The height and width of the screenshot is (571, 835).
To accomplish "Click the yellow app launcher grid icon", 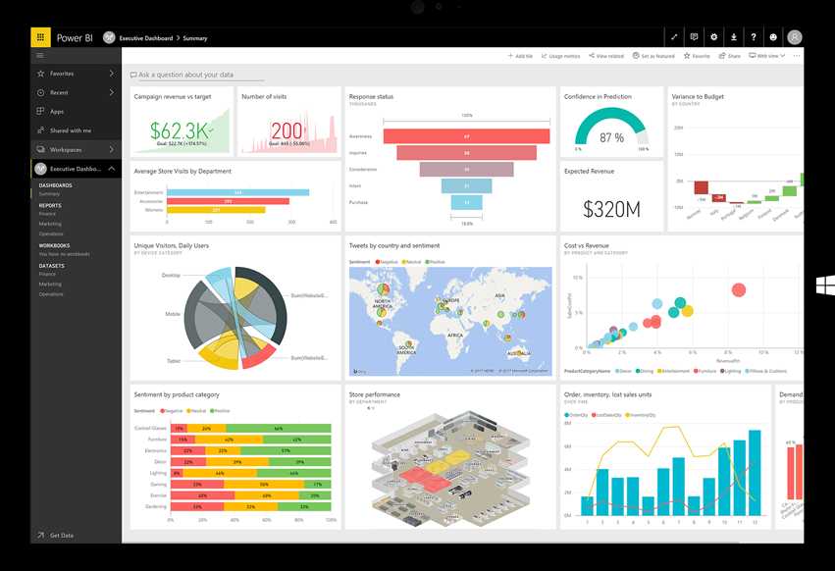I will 40,37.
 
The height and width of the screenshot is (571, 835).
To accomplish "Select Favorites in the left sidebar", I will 62,74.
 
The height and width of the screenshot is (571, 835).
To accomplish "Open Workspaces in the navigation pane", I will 66,150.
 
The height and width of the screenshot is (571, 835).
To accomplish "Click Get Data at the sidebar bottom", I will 61,536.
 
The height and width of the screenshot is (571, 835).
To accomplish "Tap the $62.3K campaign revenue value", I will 181,131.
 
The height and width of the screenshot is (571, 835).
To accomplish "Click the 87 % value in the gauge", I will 611,138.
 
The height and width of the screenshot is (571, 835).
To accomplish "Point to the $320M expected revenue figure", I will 611,209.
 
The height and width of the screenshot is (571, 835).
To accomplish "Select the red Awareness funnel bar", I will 466,136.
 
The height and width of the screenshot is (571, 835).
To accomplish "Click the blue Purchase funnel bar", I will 466,202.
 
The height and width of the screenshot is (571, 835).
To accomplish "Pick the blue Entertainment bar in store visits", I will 237,192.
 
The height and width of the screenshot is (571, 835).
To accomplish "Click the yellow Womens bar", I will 216,210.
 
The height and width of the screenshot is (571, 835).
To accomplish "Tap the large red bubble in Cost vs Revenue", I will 739,289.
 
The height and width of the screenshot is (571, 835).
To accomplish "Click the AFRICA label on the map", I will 455,336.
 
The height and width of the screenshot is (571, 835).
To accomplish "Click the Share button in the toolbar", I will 729,56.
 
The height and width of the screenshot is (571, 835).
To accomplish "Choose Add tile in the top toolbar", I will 521,56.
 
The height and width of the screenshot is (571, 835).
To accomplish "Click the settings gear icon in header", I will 713,37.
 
